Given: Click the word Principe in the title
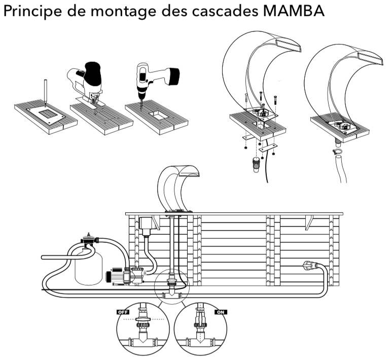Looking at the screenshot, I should pyautogui.click(x=30, y=12).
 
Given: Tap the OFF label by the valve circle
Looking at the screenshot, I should pyautogui.click(x=123, y=312).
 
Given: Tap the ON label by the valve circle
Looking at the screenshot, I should pyautogui.click(x=220, y=312).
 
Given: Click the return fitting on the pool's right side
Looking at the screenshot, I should pyautogui.click(x=310, y=265).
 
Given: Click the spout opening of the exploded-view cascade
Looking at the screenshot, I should pyautogui.click(x=287, y=46).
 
